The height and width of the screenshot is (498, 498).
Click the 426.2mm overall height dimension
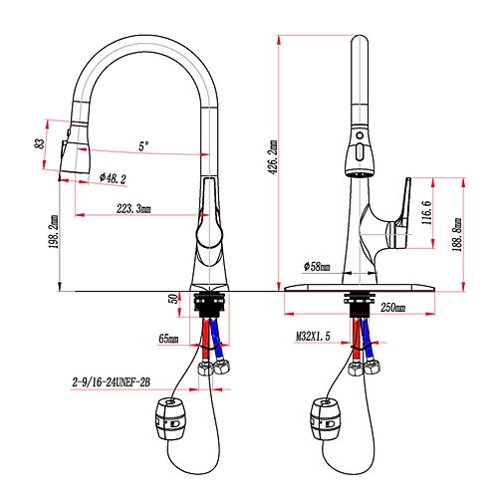click(x=273, y=157)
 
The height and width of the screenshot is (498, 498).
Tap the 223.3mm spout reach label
click(x=133, y=209)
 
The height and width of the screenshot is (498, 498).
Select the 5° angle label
click(x=143, y=146)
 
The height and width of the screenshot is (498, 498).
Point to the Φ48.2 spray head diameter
click(x=113, y=178)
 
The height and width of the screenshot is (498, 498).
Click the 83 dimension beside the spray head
click(x=40, y=143)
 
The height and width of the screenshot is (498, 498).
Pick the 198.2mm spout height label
click(x=54, y=232)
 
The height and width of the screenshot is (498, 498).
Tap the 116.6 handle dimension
click(x=426, y=213)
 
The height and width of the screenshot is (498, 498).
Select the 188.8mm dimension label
click(x=457, y=234)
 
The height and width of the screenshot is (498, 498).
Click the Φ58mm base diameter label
click(x=317, y=266)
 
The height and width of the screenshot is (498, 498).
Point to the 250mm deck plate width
click(x=392, y=308)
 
